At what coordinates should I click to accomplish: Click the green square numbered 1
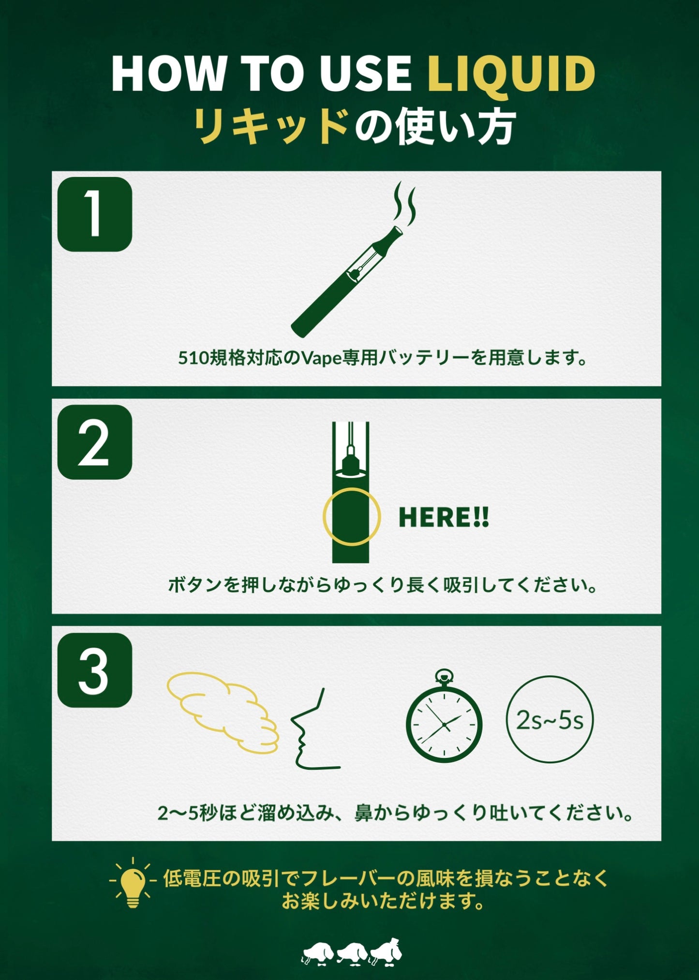coord(95,214)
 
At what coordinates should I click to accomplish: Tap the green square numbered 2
coord(95,442)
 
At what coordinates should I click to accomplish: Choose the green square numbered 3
coord(95,670)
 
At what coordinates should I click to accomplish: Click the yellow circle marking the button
coord(352,517)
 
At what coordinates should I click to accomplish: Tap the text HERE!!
coord(444,518)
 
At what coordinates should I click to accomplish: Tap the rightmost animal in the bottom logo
coord(387,952)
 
